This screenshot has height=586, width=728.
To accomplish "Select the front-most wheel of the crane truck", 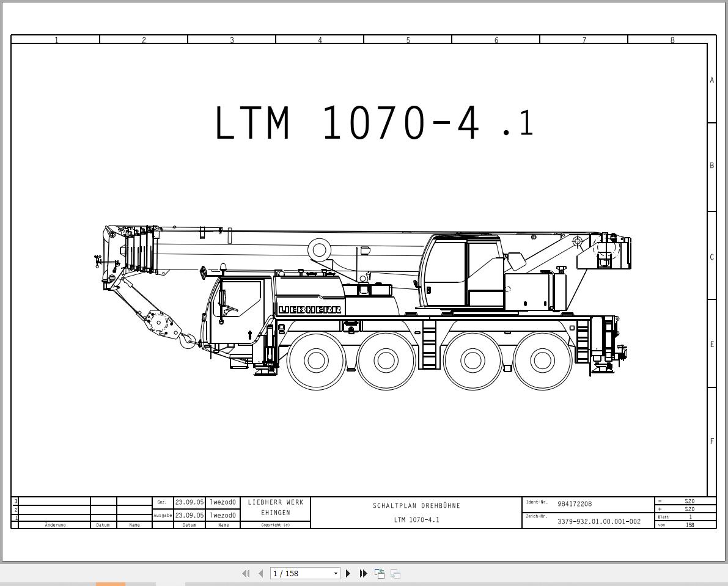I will click(316, 361).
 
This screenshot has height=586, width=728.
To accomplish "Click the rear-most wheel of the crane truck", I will click(543, 361).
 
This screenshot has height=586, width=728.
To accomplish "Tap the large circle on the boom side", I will click(319, 249).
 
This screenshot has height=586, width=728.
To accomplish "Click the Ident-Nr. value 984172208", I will click(574, 504).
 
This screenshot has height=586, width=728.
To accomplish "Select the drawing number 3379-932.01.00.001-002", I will click(598, 521).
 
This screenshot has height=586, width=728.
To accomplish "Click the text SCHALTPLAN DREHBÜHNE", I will click(416, 505).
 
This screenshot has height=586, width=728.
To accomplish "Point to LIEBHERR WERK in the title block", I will click(276, 502).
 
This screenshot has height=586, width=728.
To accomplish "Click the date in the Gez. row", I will click(189, 502).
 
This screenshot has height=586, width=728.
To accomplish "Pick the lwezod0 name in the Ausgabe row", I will click(222, 515).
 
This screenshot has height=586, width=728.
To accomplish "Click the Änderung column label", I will click(55, 525).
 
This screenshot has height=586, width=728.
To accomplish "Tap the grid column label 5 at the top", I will click(408, 40).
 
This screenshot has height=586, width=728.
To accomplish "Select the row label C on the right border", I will click(711, 257).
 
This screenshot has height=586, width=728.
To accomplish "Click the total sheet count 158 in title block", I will click(689, 525).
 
